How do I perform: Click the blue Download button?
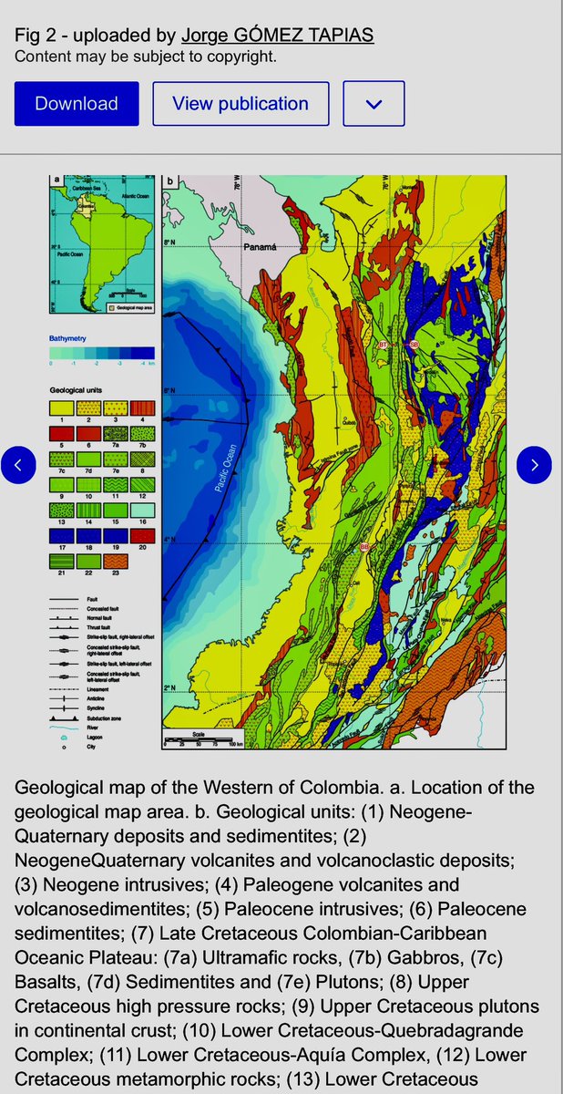coord(77,104)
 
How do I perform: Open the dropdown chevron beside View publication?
coord(374,104)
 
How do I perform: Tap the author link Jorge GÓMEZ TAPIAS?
coord(278,35)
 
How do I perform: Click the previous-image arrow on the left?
coord(18,465)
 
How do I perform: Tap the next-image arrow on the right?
coord(534,465)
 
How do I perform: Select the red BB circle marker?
coord(365,547)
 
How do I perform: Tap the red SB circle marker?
coord(414,345)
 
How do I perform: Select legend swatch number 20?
coord(141,536)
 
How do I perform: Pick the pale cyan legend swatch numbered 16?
coord(141,511)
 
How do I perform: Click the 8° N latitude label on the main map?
coord(169,243)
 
